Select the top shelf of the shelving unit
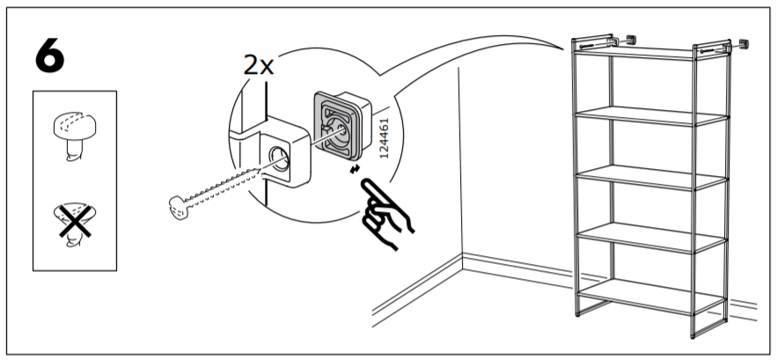(649, 54)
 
